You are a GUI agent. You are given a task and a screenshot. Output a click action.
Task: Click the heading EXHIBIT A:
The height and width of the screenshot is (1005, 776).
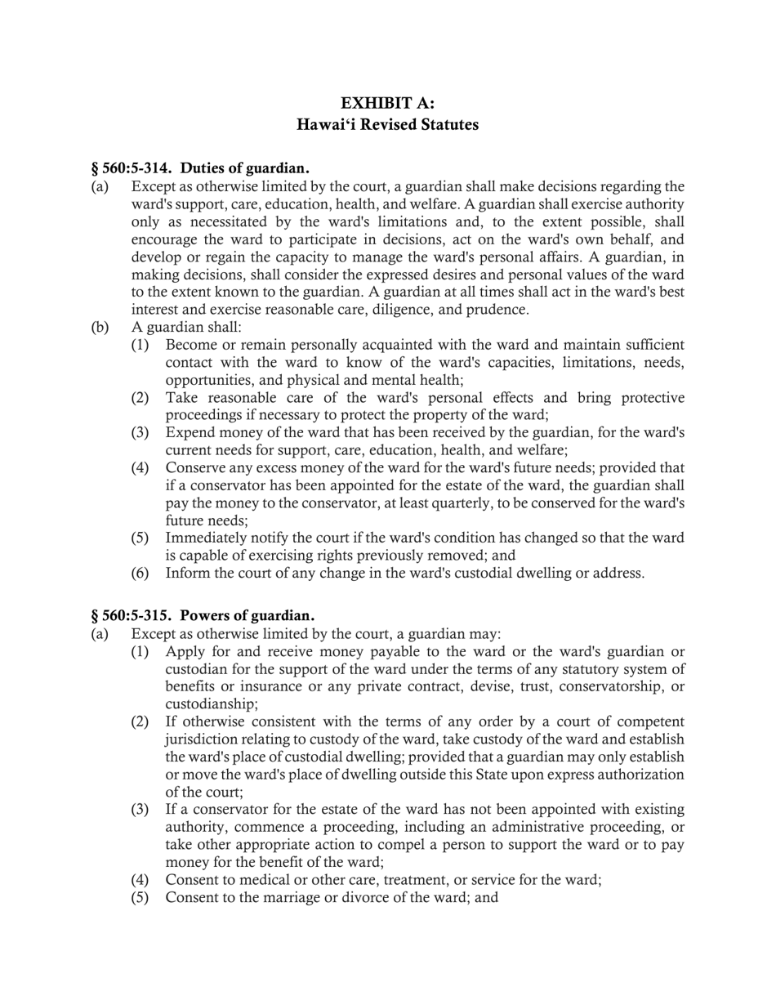tap(387, 103)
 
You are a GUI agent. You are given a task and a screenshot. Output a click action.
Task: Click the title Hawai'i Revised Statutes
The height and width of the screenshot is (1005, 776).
tap(387, 124)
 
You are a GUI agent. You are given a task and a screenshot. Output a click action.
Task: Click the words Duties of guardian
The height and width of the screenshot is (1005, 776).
tap(244, 168)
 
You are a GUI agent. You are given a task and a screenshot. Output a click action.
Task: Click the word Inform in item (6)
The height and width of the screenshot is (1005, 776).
tap(185, 573)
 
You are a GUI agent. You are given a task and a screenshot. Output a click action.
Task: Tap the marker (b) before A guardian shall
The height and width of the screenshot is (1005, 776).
tap(99, 327)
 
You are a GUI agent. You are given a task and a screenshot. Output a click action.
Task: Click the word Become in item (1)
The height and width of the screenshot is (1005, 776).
tap(190, 345)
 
